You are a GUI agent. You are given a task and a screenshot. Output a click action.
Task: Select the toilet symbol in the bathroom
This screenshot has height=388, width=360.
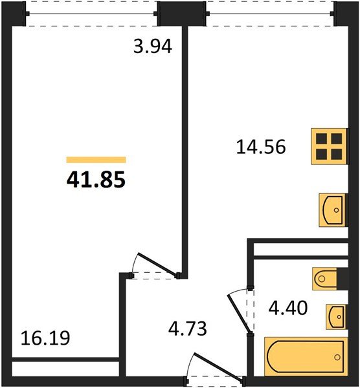click(326, 279)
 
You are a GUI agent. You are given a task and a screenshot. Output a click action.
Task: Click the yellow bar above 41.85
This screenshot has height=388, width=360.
click(96, 159)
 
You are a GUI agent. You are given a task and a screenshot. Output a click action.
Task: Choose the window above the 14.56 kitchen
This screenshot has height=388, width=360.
click(270, 14)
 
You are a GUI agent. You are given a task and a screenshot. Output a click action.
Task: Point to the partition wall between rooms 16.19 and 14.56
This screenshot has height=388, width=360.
click(185, 149)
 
